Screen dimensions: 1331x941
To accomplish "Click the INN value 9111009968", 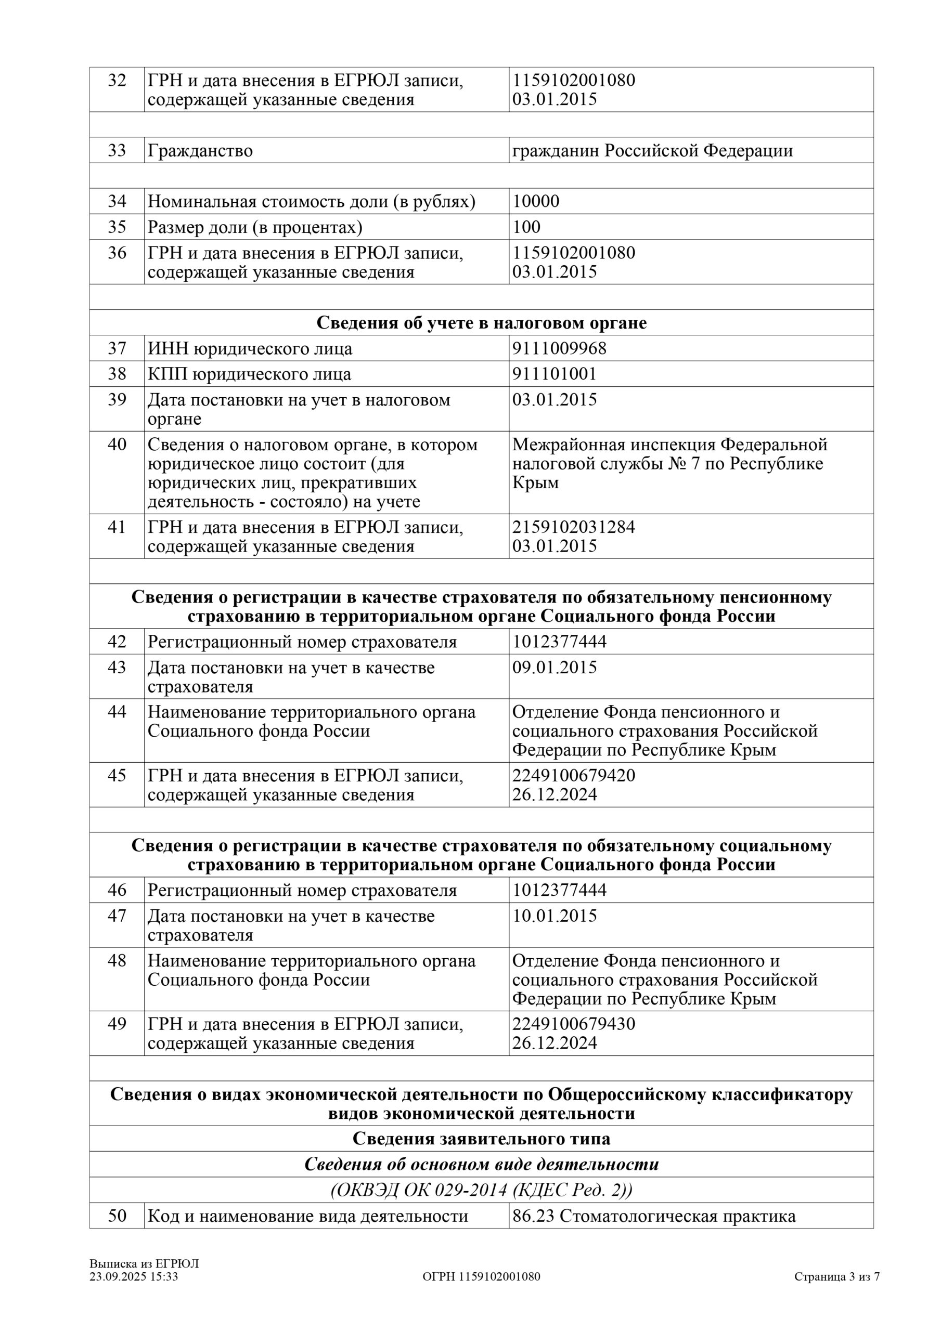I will [x=559, y=348].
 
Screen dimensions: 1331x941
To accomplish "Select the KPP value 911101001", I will [x=554, y=374].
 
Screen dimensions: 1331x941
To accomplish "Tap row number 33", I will [x=117, y=150].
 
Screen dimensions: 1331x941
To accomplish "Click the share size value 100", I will [x=526, y=227].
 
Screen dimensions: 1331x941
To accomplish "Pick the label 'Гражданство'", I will [x=200, y=151].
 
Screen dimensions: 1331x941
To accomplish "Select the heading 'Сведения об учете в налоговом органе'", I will [x=481, y=323].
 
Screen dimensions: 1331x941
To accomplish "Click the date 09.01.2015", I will [x=554, y=667].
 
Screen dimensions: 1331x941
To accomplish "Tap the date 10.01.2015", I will [x=554, y=916].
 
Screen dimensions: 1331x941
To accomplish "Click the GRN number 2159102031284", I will [x=573, y=527].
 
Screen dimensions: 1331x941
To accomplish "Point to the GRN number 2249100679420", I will [x=573, y=775].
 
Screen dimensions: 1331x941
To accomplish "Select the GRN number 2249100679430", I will [x=573, y=1024].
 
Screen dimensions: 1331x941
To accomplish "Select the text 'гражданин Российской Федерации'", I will [x=652, y=151].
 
